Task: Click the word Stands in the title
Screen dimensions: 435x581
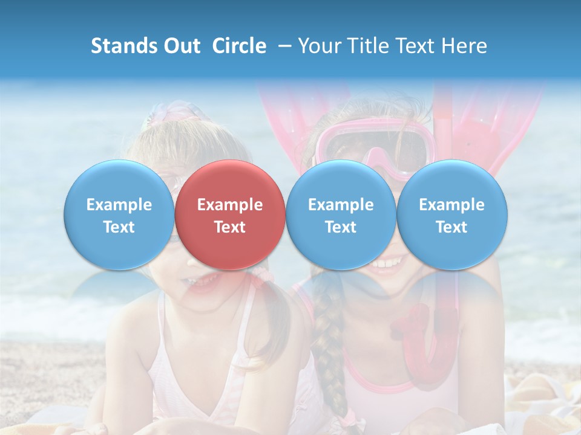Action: pos(121,46)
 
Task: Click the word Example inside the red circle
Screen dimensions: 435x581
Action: pos(230,205)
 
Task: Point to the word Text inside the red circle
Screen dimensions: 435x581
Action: pos(230,227)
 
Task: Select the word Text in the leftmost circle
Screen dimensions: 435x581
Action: pos(119,227)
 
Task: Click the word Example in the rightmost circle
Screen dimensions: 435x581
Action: pos(451,205)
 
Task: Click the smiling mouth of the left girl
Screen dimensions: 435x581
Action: pos(200,280)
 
